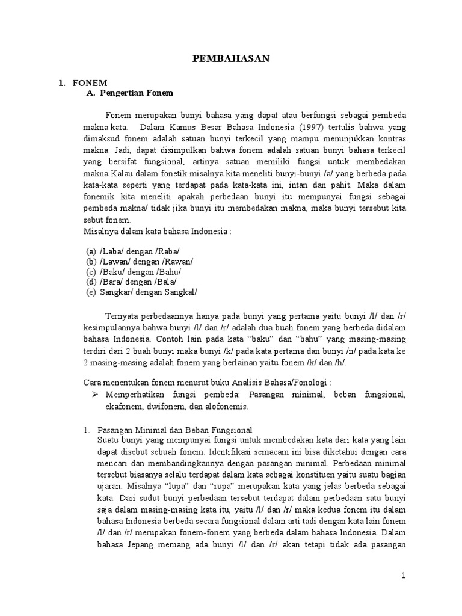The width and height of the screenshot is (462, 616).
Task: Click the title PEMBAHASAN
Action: coord(230,58)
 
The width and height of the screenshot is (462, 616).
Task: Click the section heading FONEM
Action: coord(90,84)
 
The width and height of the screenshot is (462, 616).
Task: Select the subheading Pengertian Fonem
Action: coord(137,93)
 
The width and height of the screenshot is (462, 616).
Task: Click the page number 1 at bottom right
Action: coord(404,576)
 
